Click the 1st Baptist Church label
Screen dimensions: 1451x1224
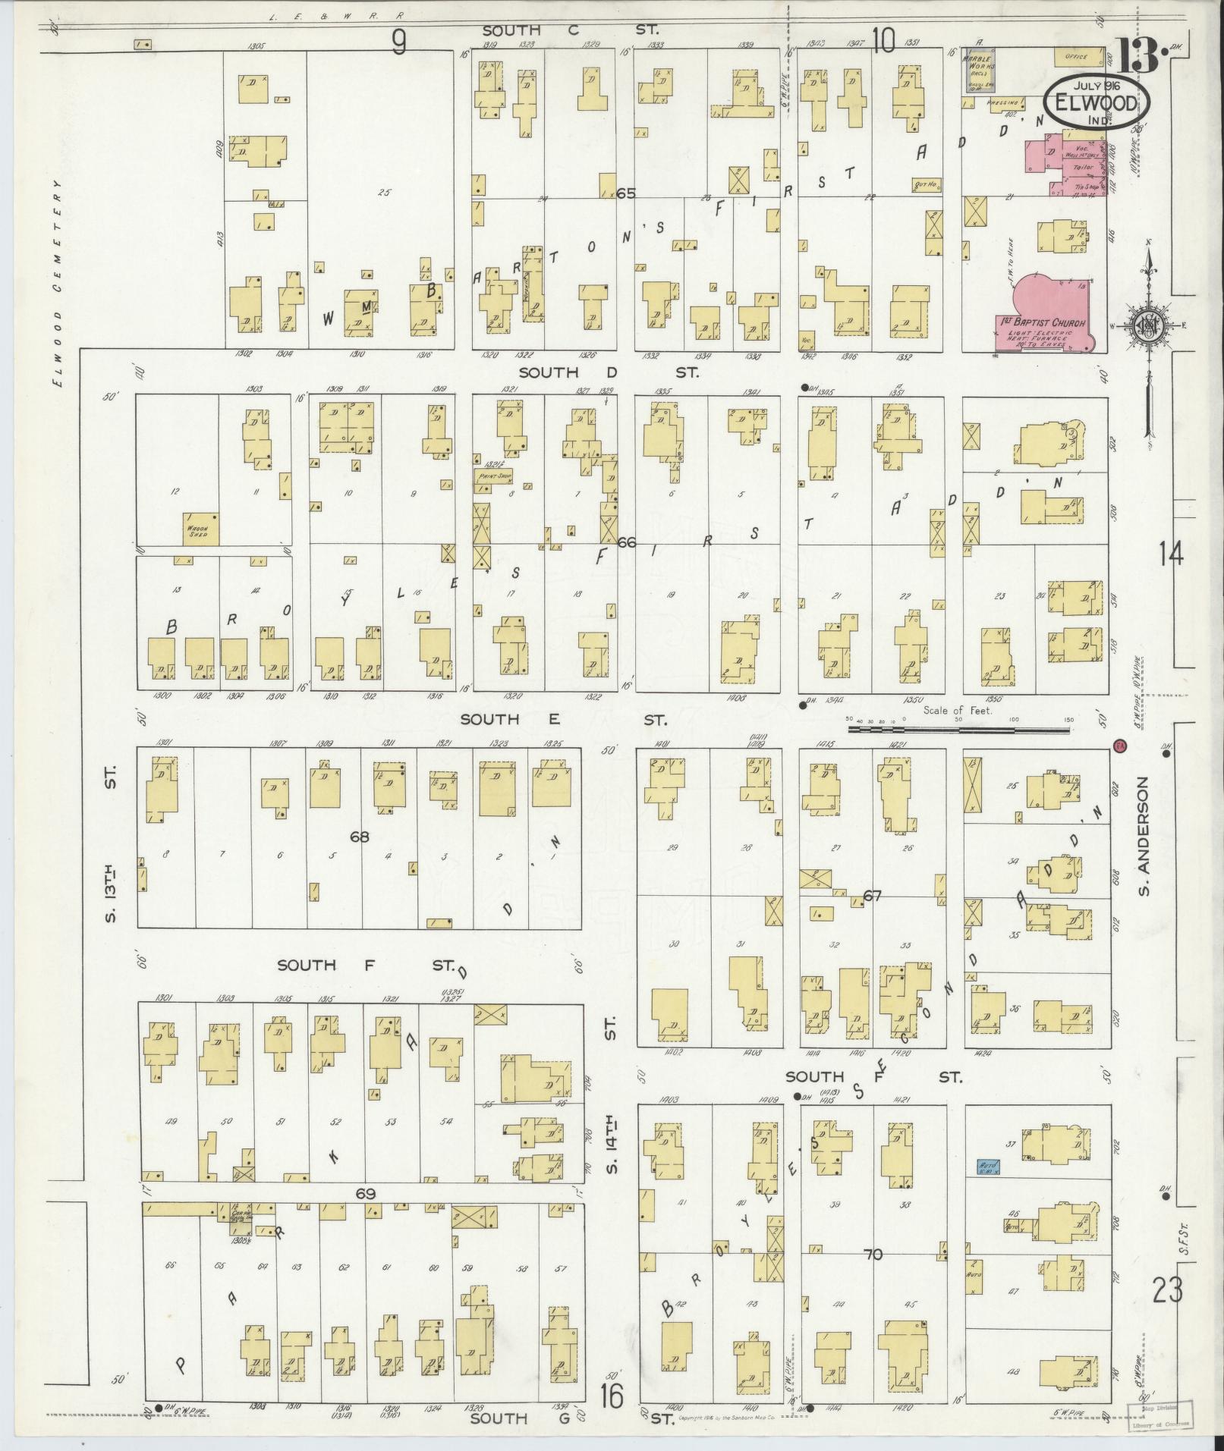[x=1041, y=323]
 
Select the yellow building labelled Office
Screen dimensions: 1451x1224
[x=1075, y=57]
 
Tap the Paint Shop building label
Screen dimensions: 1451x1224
[x=491, y=477]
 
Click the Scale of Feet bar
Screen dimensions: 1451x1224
[x=958, y=730]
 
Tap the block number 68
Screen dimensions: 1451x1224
[x=360, y=837]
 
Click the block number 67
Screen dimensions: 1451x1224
[x=873, y=896]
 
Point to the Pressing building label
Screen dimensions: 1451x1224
[x=1001, y=102]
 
